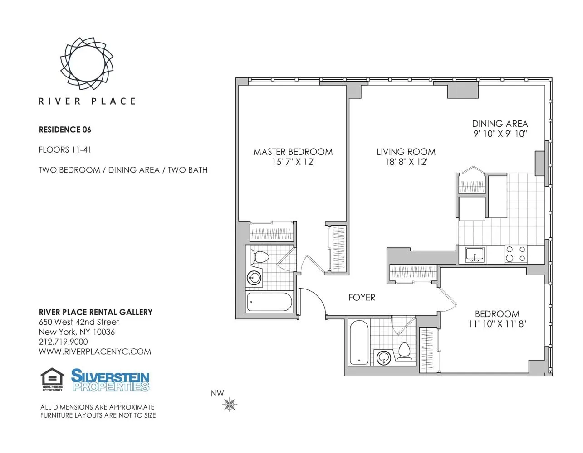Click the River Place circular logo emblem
tap(87, 63)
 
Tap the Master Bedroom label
tap(293, 152)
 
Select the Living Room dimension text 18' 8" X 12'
tap(406, 162)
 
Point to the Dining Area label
tap(500, 124)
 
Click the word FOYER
tap(362, 298)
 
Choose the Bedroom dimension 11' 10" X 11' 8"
tap(497, 324)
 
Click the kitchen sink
tap(475, 255)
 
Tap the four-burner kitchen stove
tap(516, 254)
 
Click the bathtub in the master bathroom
tap(269, 302)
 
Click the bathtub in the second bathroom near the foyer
tap(359, 343)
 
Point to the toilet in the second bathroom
tap(404, 352)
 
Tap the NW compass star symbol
tap(230, 404)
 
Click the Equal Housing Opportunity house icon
tap(52, 379)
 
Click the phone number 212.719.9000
tap(64, 342)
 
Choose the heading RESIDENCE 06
tap(65, 130)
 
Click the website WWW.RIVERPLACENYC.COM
tap(95, 352)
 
